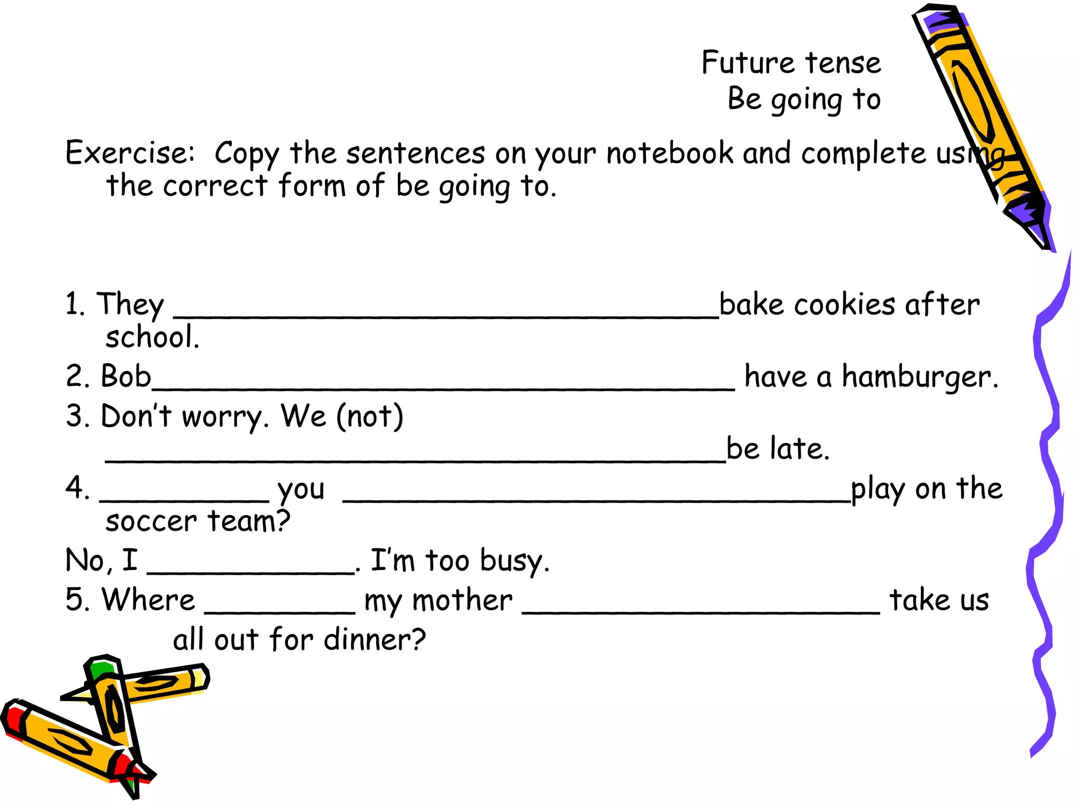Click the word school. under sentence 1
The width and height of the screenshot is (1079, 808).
[152, 337]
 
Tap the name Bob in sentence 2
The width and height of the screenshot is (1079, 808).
[126, 376]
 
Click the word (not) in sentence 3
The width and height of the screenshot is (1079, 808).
[370, 416]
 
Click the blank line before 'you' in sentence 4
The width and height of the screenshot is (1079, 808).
[184, 498]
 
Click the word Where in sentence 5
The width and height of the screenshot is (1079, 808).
[149, 599]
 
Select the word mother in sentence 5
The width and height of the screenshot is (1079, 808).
[462, 600]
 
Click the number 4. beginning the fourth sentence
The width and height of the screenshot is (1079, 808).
[77, 488]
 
